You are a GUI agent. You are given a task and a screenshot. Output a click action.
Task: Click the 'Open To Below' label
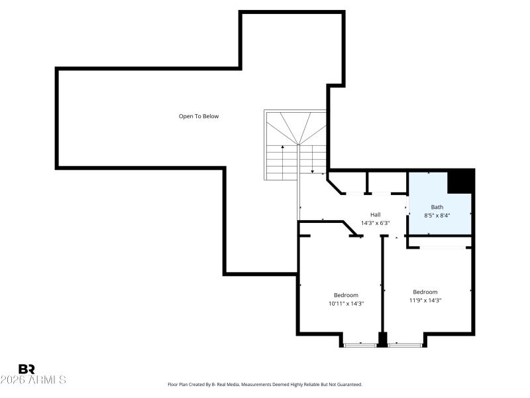tap(199, 116)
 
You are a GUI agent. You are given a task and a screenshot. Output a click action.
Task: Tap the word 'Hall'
tap(375, 214)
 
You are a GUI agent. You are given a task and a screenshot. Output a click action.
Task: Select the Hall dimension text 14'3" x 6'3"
tap(375, 223)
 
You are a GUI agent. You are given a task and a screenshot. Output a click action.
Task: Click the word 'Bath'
tap(437, 207)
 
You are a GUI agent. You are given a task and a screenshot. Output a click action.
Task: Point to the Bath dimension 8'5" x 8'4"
tap(437, 216)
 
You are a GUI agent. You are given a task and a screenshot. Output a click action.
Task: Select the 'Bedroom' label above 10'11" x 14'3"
tap(346, 295)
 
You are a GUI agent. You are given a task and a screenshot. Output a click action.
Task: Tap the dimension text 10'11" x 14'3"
tap(346, 304)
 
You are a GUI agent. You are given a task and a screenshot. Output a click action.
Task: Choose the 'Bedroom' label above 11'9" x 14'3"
tap(425, 292)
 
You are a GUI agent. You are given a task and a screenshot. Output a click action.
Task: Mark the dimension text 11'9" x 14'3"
tap(425, 300)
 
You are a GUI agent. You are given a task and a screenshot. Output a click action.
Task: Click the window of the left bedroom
tap(360, 344)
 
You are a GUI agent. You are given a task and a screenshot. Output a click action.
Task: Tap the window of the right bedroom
tap(405, 344)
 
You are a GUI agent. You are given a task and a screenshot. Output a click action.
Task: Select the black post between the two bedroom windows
tap(382, 339)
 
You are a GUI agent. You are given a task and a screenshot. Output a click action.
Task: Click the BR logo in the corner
tap(26, 369)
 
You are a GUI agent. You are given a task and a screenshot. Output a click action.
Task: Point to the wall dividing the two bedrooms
tap(383, 285)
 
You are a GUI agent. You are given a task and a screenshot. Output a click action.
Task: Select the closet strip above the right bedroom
tap(441, 247)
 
